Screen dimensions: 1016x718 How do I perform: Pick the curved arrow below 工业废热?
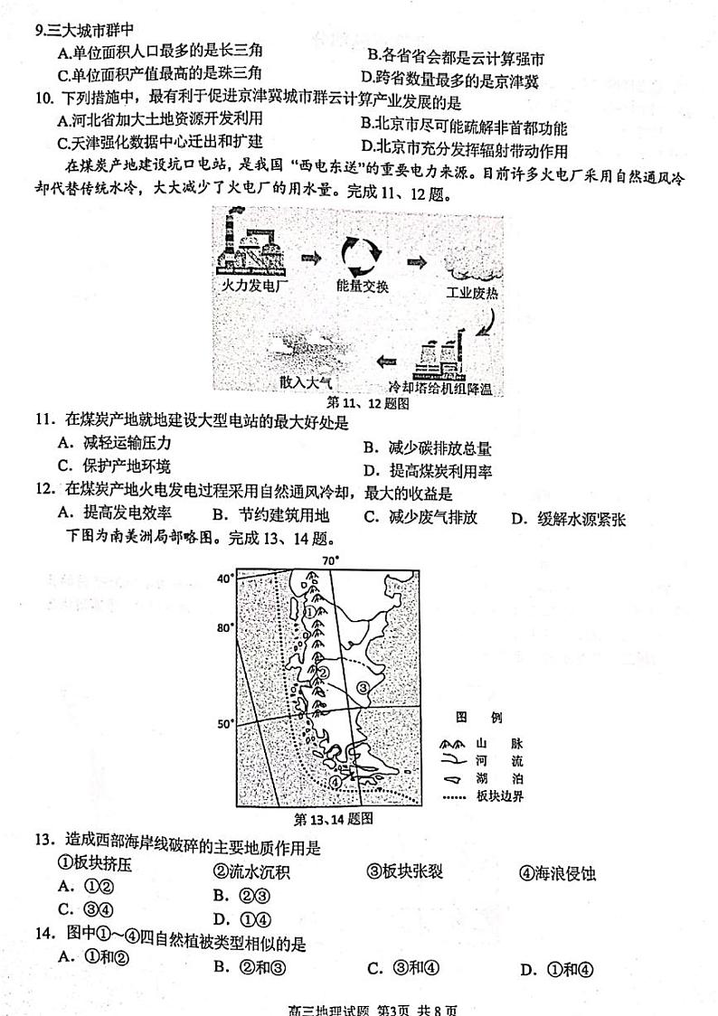(485, 321)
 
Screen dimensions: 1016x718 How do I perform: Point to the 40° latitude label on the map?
(223, 579)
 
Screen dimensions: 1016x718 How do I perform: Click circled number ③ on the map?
(364, 688)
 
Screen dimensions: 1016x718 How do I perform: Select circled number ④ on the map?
(335, 782)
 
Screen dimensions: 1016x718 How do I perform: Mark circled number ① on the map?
(310, 612)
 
